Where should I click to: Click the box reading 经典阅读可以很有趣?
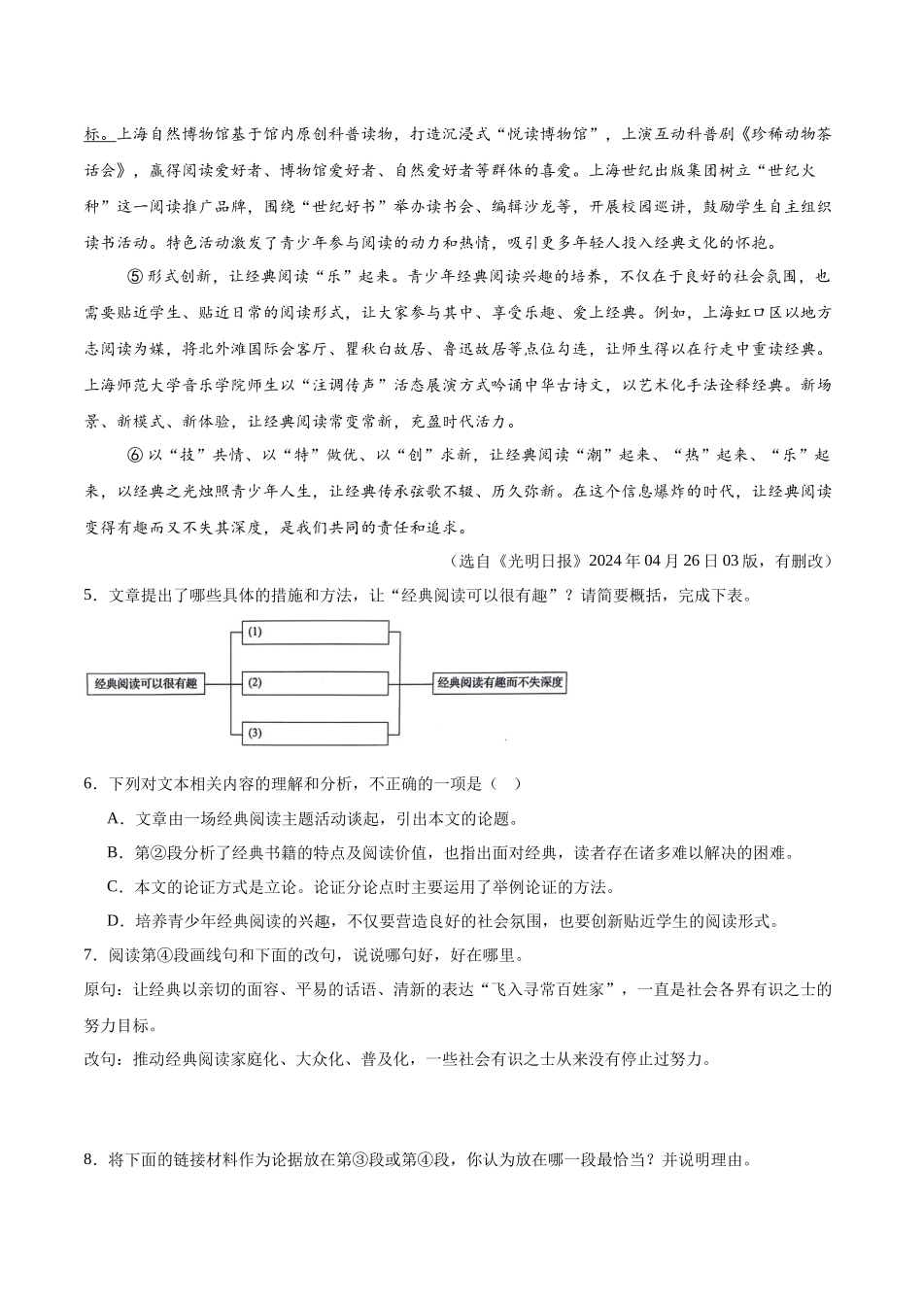coord(146,684)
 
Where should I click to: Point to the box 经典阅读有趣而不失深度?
coord(500,683)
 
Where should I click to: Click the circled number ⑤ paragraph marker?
coord(135,277)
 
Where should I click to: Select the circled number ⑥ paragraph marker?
coord(135,456)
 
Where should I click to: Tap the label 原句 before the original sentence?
coord(99,990)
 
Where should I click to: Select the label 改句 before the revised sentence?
coord(99,1058)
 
